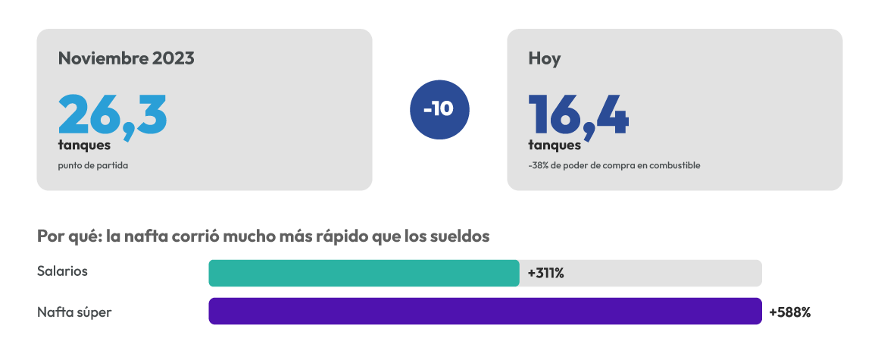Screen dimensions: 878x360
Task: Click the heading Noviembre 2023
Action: point(126,58)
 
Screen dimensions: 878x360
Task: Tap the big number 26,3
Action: point(112,116)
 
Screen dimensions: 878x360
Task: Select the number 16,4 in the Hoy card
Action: point(579,116)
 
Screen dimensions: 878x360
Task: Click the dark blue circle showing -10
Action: point(439,110)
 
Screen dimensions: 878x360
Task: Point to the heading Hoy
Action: point(544,59)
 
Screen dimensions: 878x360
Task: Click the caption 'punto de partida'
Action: point(93,166)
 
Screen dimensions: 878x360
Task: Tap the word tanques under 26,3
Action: point(84,146)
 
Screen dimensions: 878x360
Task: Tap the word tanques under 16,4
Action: point(555,146)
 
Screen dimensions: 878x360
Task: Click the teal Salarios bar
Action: point(364,273)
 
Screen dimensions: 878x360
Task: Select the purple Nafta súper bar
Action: point(485,311)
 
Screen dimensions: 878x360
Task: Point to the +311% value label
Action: point(545,274)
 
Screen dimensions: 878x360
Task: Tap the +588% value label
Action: point(790,312)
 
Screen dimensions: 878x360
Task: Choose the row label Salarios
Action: point(62,271)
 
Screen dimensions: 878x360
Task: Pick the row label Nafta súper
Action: point(74,312)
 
